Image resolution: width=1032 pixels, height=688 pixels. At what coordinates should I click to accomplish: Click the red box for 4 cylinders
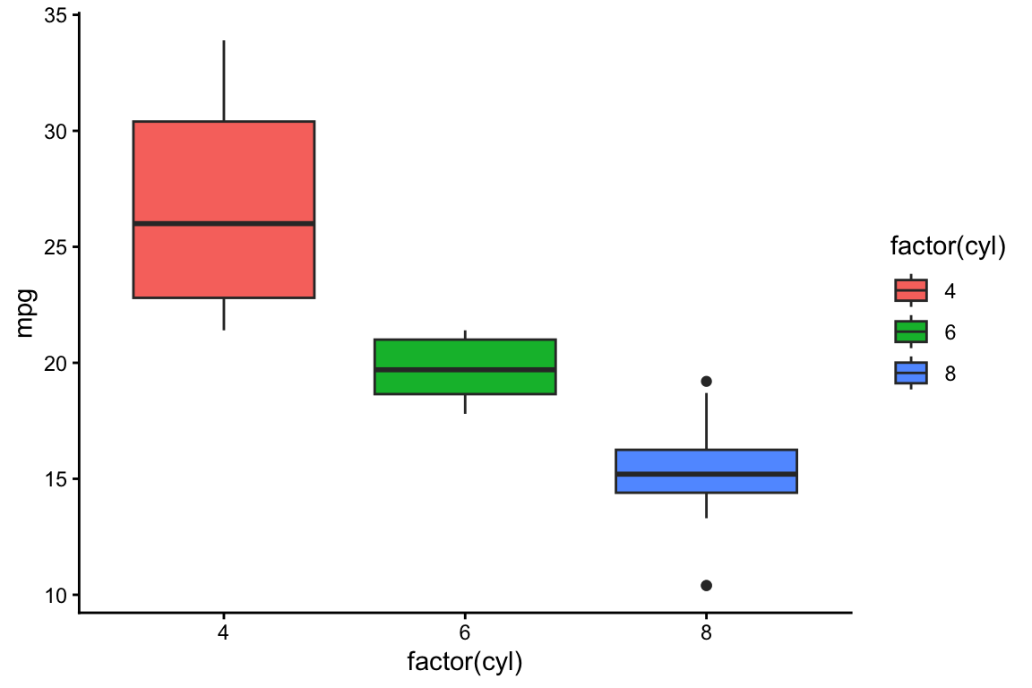coord(223,170)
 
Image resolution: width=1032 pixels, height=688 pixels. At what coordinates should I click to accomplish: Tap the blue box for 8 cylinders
coord(706,460)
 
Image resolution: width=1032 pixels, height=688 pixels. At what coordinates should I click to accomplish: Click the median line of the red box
coord(223,223)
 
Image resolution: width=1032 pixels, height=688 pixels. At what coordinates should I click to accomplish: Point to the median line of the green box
coord(465,369)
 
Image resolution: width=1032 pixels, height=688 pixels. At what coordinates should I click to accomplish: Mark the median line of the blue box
coord(706,474)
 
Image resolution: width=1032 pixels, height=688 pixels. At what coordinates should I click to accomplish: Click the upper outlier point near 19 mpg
coord(706,382)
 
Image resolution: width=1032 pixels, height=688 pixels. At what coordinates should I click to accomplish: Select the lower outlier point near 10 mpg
coord(706,585)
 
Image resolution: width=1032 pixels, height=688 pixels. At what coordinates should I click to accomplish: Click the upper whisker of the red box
coord(223,81)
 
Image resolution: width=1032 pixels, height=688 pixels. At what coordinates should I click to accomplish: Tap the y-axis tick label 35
coord(56,15)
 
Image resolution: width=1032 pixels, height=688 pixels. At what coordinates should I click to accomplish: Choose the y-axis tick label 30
coord(56,131)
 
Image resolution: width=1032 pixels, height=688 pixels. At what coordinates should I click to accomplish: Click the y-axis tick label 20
coord(56,363)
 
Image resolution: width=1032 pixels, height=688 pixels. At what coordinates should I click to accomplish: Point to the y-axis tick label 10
coord(56,595)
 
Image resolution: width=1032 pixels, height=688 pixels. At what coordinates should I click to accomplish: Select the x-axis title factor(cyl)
coord(465,664)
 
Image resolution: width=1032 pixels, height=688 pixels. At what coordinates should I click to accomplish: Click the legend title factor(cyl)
coord(947,247)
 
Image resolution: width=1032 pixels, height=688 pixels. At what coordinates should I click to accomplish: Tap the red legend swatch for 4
coord(911,290)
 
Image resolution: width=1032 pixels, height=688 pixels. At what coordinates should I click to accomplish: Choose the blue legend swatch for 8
coord(911,373)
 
